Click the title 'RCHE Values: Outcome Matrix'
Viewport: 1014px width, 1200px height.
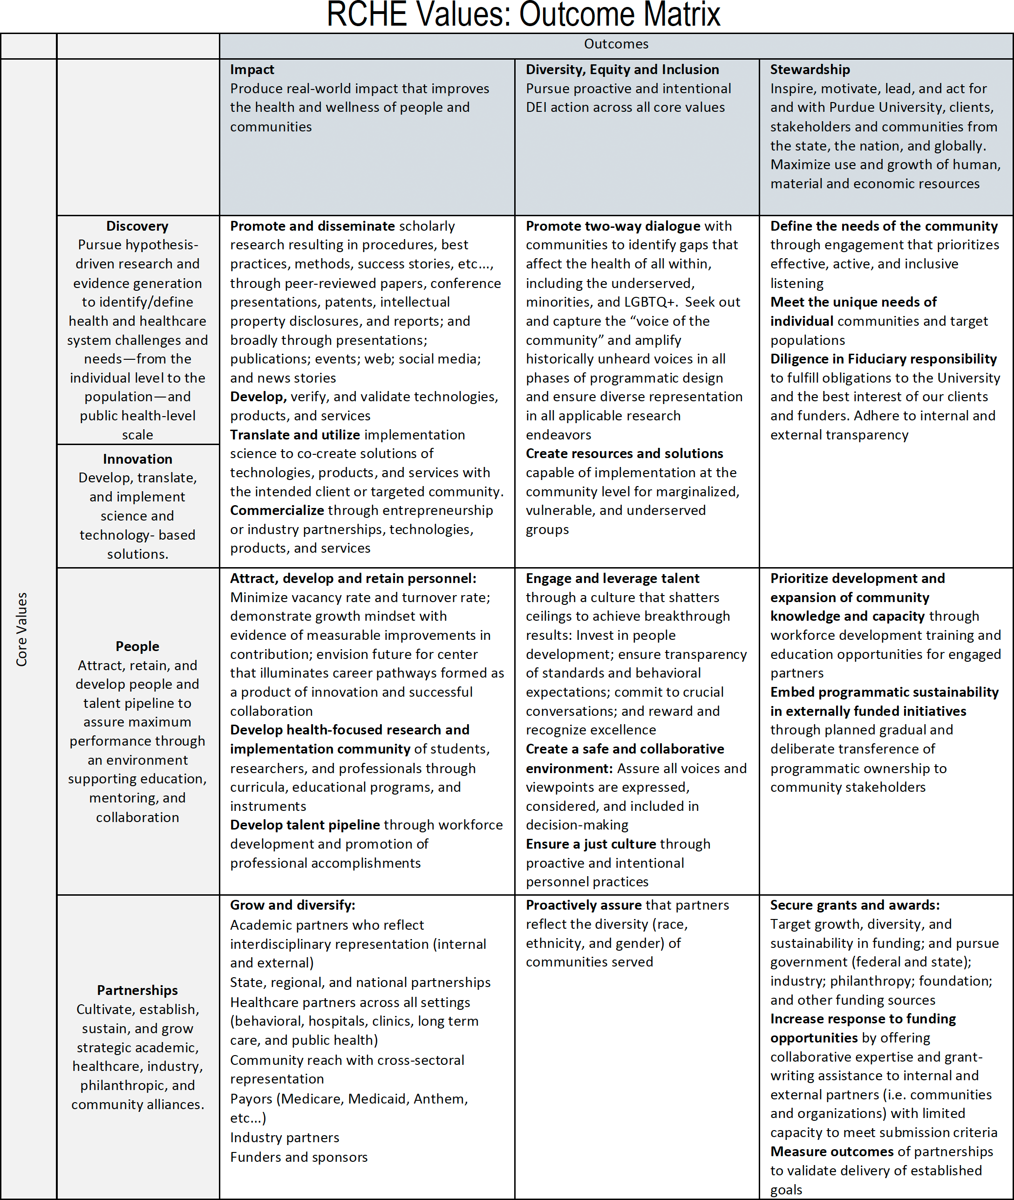523,15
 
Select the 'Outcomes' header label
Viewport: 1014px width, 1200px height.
616,44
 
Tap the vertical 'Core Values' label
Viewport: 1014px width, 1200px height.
22,629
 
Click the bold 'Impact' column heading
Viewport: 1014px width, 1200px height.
252,69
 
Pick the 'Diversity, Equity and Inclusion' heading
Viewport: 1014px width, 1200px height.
622,69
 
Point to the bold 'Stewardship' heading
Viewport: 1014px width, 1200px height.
810,69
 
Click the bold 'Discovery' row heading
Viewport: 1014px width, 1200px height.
137,226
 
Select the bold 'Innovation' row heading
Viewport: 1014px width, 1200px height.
137,459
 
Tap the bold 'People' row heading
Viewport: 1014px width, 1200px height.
137,646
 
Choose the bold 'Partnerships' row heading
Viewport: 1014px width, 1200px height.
137,990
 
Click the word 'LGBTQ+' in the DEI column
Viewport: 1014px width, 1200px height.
649,302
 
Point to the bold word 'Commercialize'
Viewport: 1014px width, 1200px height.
277,511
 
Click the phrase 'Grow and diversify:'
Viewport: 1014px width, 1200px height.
293,905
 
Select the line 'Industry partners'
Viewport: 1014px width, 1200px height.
285,1138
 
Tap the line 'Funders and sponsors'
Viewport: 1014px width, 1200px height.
299,1157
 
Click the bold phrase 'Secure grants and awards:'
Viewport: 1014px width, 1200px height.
855,905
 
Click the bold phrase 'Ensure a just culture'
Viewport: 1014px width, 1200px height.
590,844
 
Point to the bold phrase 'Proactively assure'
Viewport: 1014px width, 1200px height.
584,905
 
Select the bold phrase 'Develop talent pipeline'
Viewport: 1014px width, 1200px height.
305,825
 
